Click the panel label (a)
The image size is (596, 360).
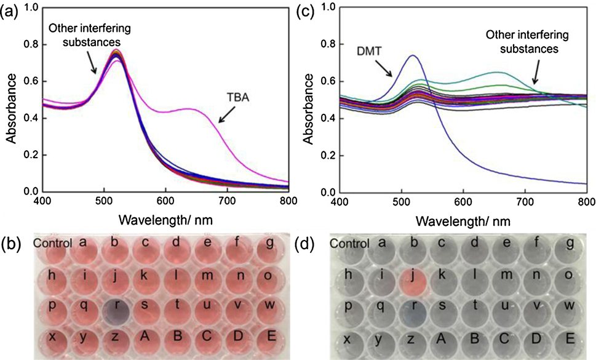tap(10, 12)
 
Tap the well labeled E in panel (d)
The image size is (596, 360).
tap(568, 341)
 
